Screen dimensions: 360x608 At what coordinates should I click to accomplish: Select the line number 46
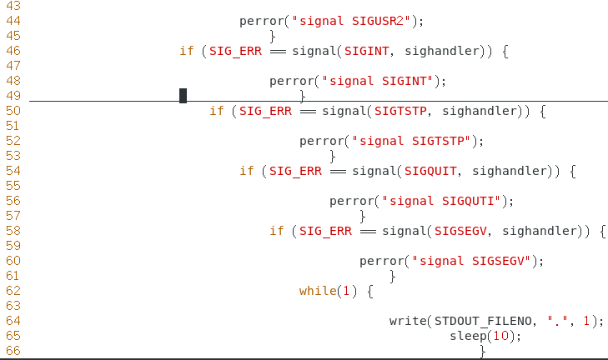pos(13,51)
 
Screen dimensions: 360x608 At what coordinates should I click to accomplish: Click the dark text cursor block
pos(183,96)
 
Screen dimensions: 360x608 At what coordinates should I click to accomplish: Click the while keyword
pos(318,291)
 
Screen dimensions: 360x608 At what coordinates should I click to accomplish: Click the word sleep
pos(468,336)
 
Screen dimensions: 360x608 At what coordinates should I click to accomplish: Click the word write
pos(408,321)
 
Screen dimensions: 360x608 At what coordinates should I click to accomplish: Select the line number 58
pos(13,231)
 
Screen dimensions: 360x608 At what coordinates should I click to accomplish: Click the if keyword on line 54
pos(247,171)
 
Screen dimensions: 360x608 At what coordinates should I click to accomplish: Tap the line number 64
pos(13,321)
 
